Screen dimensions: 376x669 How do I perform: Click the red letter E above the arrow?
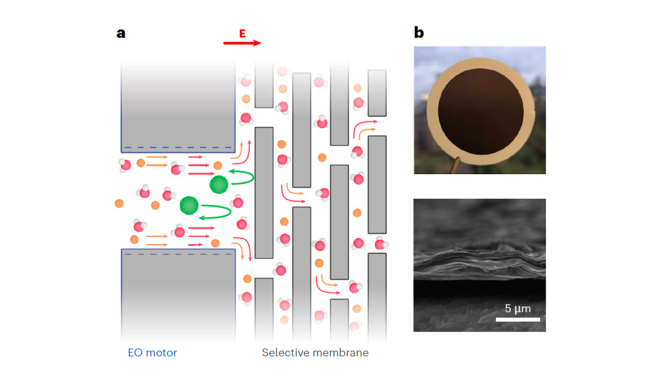click(x=242, y=34)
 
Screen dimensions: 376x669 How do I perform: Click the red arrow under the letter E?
click(x=242, y=44)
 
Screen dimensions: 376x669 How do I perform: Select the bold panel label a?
click(x=121, y=33)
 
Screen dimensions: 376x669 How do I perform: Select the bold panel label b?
click(x=419, y=33)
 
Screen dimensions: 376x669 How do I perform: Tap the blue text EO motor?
click(x=152, y=353)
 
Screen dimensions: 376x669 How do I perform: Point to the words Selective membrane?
click(x=315, y=353)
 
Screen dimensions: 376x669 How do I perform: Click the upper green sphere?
click(x=218, y=183)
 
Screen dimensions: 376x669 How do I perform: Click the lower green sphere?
click(x=189, y=205)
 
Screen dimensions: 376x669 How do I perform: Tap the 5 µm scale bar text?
click(x=517, y=308)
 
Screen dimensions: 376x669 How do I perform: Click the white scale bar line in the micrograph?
click(x=518, y=319)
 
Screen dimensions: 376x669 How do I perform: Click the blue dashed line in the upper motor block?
click(x=178, y=148)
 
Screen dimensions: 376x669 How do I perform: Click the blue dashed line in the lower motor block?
click(x=178, y=254)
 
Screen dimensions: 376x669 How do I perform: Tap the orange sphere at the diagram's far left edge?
click(x=119, y=203)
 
